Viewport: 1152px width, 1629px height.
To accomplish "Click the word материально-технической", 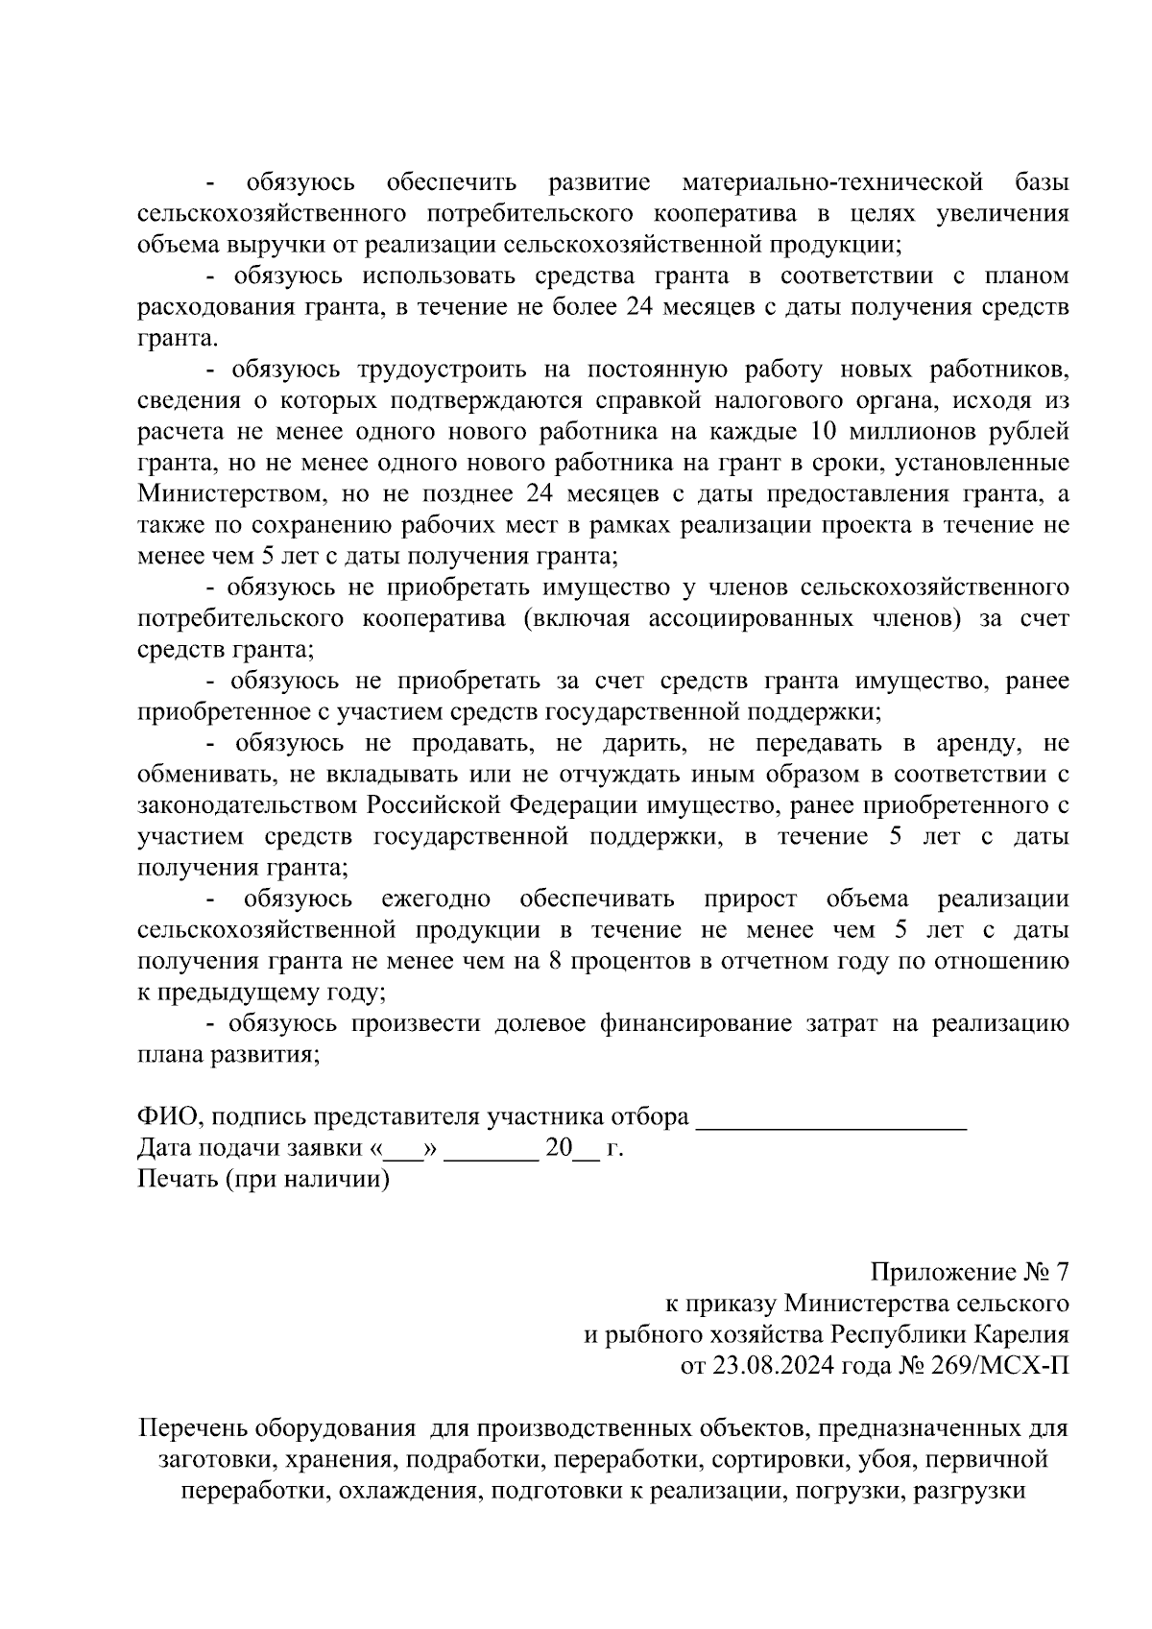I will (832, 182).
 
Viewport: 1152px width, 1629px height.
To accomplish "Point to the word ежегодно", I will (437, 899).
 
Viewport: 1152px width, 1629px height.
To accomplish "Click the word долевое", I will (540, 1023).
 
